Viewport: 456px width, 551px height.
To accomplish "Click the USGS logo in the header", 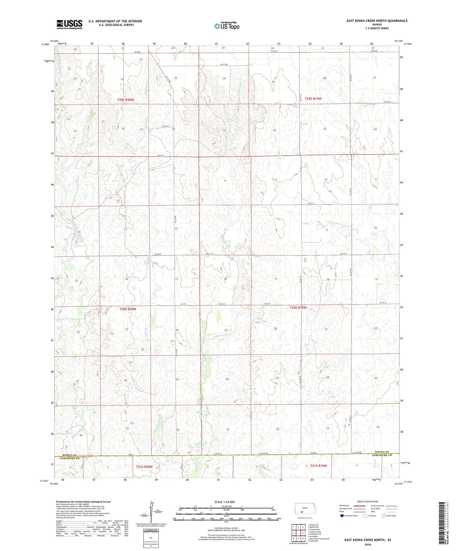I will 69,24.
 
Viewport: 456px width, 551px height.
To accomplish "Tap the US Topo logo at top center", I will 226,26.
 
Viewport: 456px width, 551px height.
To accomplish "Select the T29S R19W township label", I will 313,98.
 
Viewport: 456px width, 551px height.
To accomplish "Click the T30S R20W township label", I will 128,309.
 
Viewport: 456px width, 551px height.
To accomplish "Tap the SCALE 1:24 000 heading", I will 226,502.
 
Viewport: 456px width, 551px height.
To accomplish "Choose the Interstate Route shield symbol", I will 342,516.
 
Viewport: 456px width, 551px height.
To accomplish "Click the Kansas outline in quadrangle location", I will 302,508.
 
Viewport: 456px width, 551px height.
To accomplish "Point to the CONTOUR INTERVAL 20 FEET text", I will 226,529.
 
